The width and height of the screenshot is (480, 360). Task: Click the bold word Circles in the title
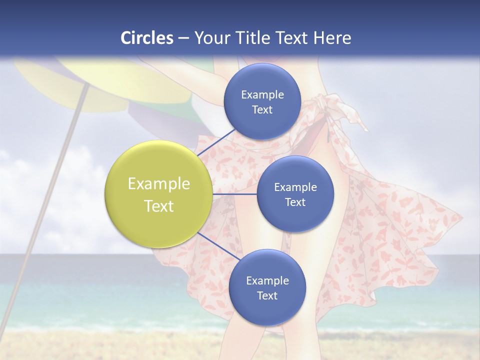[x=147, y=38]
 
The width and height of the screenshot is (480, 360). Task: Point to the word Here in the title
[x=332, y=38]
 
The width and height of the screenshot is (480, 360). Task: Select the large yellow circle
[x=159, y=194]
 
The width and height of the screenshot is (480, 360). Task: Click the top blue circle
[x=262, y=101]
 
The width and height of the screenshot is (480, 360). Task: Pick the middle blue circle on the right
[x=295, y=194]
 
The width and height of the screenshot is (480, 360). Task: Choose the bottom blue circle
[x=267, y=287]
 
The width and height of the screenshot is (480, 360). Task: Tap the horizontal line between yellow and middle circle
[x=235, y=194]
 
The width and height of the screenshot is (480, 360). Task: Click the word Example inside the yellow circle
[x=159, y=183]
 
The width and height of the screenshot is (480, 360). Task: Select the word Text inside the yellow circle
[x=159, y=206]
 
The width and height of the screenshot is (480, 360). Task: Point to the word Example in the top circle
[x=262, y=94]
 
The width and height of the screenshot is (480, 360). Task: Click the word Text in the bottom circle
[x=267, y=295]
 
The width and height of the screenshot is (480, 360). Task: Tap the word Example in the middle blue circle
[x=295, y=187]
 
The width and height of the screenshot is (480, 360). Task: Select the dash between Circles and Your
[x=183, y=38]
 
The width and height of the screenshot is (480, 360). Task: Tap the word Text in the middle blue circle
[x=295, y=202]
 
